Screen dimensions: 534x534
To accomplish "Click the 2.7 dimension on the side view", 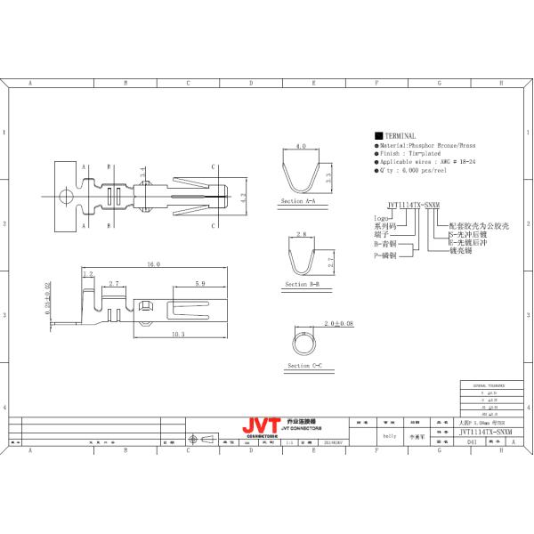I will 113,284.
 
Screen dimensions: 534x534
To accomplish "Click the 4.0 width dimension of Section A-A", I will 301,144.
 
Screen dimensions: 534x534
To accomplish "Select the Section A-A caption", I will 298,203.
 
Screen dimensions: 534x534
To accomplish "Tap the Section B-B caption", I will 303,285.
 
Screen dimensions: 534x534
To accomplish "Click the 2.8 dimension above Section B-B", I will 301,232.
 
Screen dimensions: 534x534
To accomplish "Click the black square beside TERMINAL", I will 379,135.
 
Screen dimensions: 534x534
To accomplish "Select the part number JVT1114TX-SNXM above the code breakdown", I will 406,204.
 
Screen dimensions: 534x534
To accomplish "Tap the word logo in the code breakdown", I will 380,216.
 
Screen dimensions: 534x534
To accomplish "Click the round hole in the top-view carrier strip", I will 63,194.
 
